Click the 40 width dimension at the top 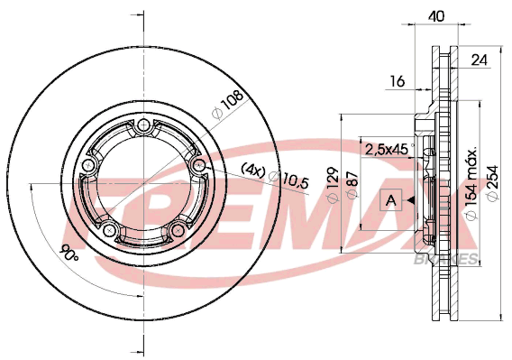coord(437,15)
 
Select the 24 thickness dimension coord(479,60)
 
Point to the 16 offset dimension coord(398,81)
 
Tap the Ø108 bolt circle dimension coord(227,104)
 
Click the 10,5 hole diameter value coord(296,180)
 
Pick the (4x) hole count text coord(253,170)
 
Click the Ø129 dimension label coord(333,184)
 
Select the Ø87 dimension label coord(352,185)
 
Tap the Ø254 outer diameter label coord(492,182)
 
